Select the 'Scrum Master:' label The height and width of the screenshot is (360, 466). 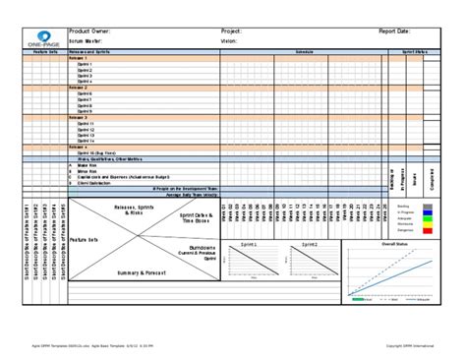pos(87,41)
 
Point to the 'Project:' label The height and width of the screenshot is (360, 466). pos(232,31)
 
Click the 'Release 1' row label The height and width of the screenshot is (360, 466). pos(79,58)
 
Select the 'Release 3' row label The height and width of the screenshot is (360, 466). pos(79,116)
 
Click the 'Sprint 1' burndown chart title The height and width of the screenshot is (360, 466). pos(250,242)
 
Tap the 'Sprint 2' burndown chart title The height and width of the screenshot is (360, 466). pos(309,242)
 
